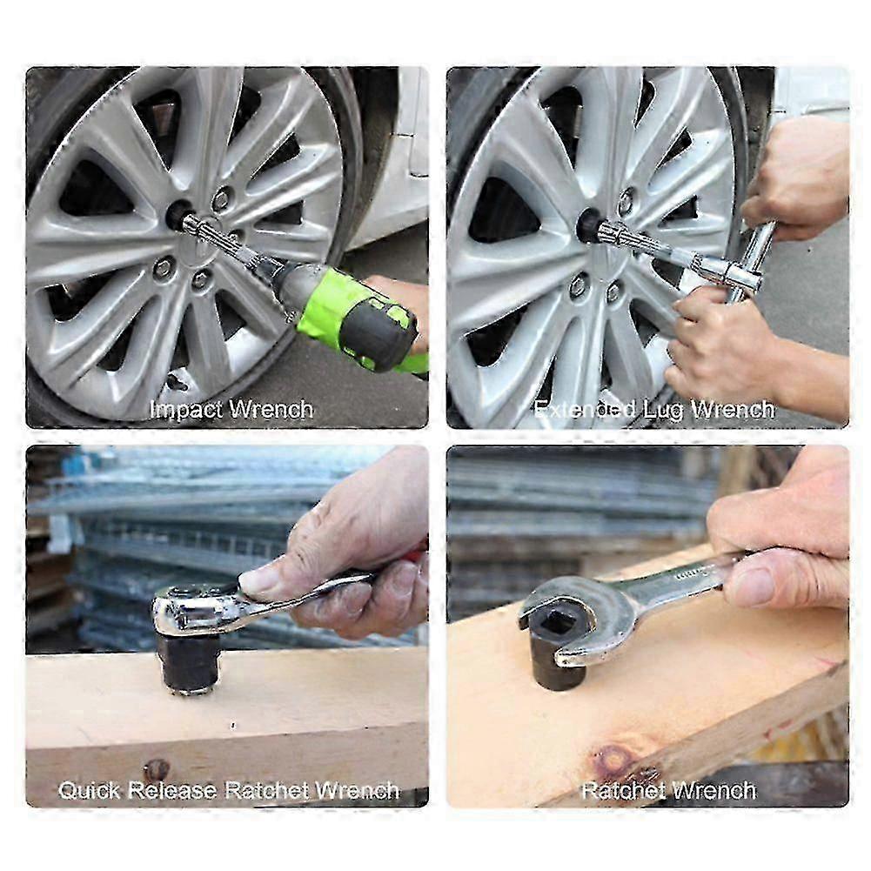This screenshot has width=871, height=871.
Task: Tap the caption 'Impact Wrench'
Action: click(x=231, y=409)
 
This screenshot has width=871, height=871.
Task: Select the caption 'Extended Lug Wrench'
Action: click(x=654, y=409)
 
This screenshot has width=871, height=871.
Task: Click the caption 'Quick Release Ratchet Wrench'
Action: click(x=228, y=790)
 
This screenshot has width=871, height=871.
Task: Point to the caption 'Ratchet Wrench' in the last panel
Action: click(x=668, y=790)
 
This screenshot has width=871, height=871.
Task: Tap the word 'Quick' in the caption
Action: click(x=90, y=790)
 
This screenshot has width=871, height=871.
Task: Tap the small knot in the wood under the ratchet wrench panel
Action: click(x=157, y=767)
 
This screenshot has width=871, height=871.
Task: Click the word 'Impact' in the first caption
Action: click(x=185, y=409)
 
